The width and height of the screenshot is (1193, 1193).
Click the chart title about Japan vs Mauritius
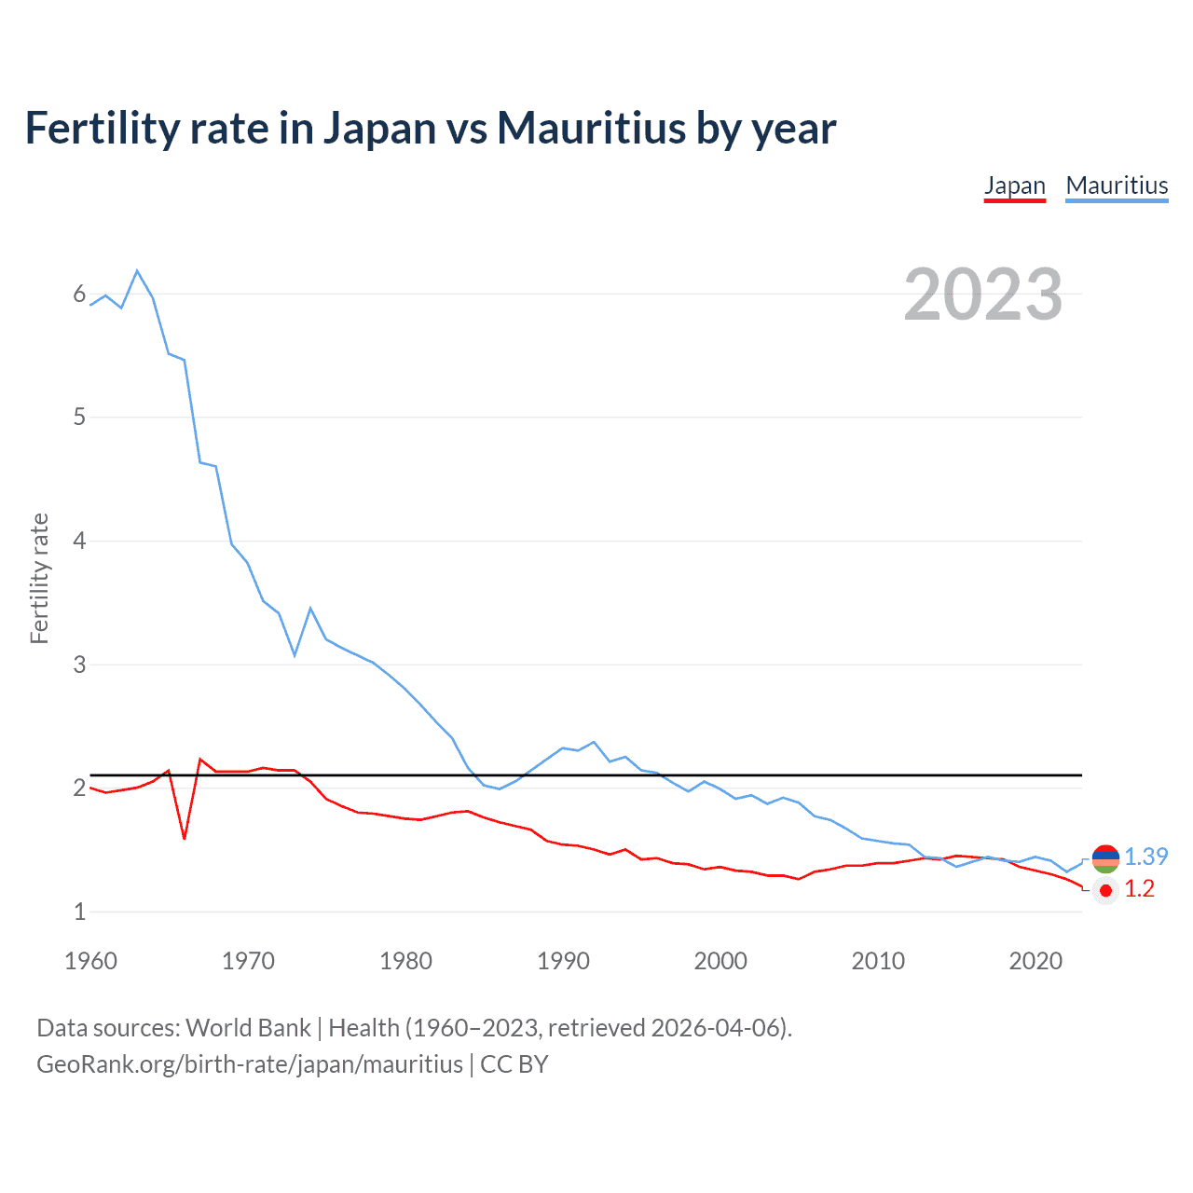click(x=430, y=128)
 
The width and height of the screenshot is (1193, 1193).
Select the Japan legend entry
click(x=1014, y=185)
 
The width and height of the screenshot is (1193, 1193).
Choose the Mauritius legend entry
click(x=1117, y=185)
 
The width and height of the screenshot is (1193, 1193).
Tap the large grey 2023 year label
click(x=983, y=295)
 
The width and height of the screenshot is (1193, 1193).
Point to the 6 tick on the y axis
click(x=79, y=295)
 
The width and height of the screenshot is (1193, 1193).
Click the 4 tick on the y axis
click(x=79, y=541)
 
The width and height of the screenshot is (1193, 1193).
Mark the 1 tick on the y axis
click(x=79, y=912)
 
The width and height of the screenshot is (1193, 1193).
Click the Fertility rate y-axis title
click(x=39, y=578)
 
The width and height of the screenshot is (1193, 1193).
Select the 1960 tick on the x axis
click(x=90, y=961)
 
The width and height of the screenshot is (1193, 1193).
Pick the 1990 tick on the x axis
click(x=563, y=961)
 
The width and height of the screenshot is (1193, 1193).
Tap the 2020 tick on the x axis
click(x=1035, y=961)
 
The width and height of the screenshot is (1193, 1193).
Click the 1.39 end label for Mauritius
click(x=1145, y=857)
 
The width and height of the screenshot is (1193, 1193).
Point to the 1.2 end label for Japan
click(x=1139, y=889)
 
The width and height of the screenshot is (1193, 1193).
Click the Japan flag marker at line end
click(x=1105, y=891)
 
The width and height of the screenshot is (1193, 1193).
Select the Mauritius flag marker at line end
click(x=1105, y=858)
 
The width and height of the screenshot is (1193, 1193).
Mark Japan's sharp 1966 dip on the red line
click(x=185, y=839)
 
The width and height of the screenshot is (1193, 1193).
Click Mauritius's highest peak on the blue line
click(x=137, y=270)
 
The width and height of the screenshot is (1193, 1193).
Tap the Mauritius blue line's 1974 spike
click(x=310, y=608)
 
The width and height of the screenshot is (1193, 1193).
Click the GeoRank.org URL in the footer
click(x=249, y=1064)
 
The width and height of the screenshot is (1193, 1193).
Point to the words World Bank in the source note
click(x=248, y=1028)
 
